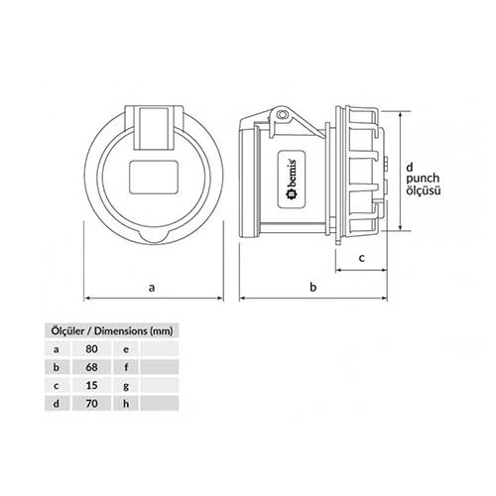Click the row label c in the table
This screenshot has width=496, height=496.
click(x=58, y=386)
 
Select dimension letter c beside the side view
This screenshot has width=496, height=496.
click(x=361, y=257)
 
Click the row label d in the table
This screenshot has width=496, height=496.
click(x=58, y=405)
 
